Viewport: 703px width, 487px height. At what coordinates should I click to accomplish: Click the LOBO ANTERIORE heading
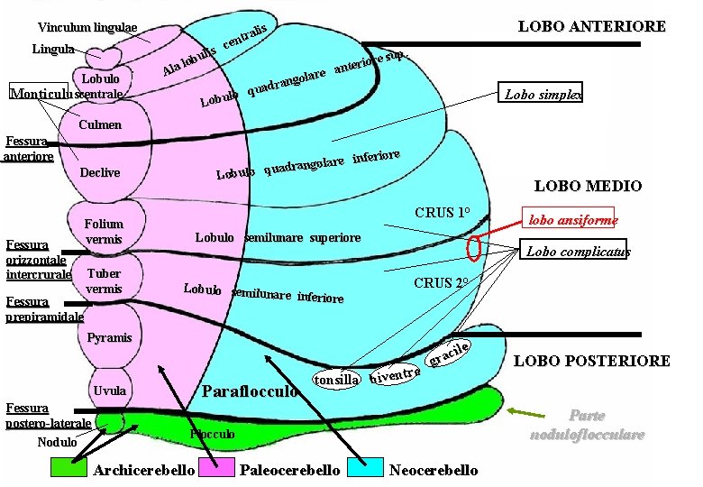pyautogui.click(x=591, y=26)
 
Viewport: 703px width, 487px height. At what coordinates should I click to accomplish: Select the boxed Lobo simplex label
pyautogui.click(x=543, y=94)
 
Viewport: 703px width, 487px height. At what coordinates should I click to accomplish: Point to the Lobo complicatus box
pyautogui.click(x=578, y=252)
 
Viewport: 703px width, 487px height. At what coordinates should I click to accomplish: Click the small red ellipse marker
pyautogui.click(x=474, y=246)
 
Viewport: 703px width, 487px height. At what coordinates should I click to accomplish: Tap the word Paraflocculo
pyautogui.click(x=250, y=392)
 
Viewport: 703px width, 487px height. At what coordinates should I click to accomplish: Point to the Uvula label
pyautogui.click(x=109, y=391)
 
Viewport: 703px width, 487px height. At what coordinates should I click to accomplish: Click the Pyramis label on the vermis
pyautogui.click(x=110, y=338)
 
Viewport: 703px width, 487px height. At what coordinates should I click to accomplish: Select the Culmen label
pyautogui.click(x=100, y=124)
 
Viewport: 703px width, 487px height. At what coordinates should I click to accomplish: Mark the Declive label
pyautogui.click(x=100, y=172)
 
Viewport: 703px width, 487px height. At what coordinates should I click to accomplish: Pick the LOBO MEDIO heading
pyautogui.click(x=588, y=187)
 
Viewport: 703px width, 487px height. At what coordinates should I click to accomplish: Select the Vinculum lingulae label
pyautogui.click(x=87, y=28)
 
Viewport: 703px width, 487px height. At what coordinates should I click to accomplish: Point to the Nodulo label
pyautogui.click(x=57, y=442)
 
